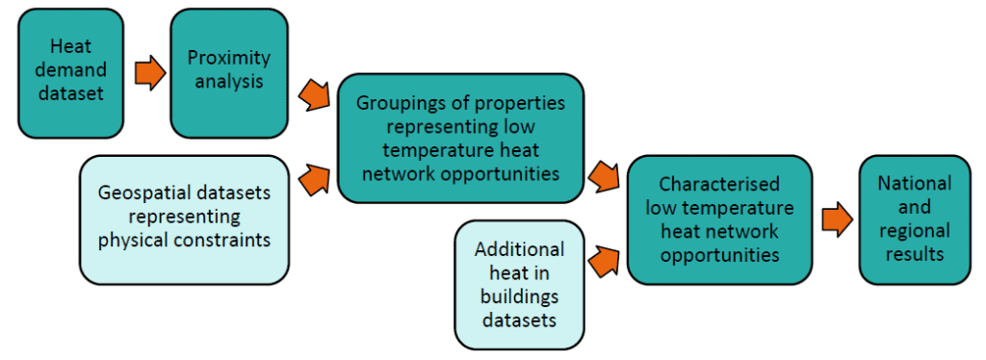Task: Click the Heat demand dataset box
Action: (x=70, y=72)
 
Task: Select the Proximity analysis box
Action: (x=228, y=72)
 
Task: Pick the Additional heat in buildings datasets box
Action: (x=519, y=284)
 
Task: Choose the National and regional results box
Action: (x=915, y=219)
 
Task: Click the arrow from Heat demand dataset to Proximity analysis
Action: (x=150, y=72)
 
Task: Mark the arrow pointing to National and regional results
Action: (x=837, y=219)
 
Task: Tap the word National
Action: (x=915, y=184)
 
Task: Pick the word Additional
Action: (x=519, y=248)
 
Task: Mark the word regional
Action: (x=915, y=231)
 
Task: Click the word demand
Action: (x=70, y=72)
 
